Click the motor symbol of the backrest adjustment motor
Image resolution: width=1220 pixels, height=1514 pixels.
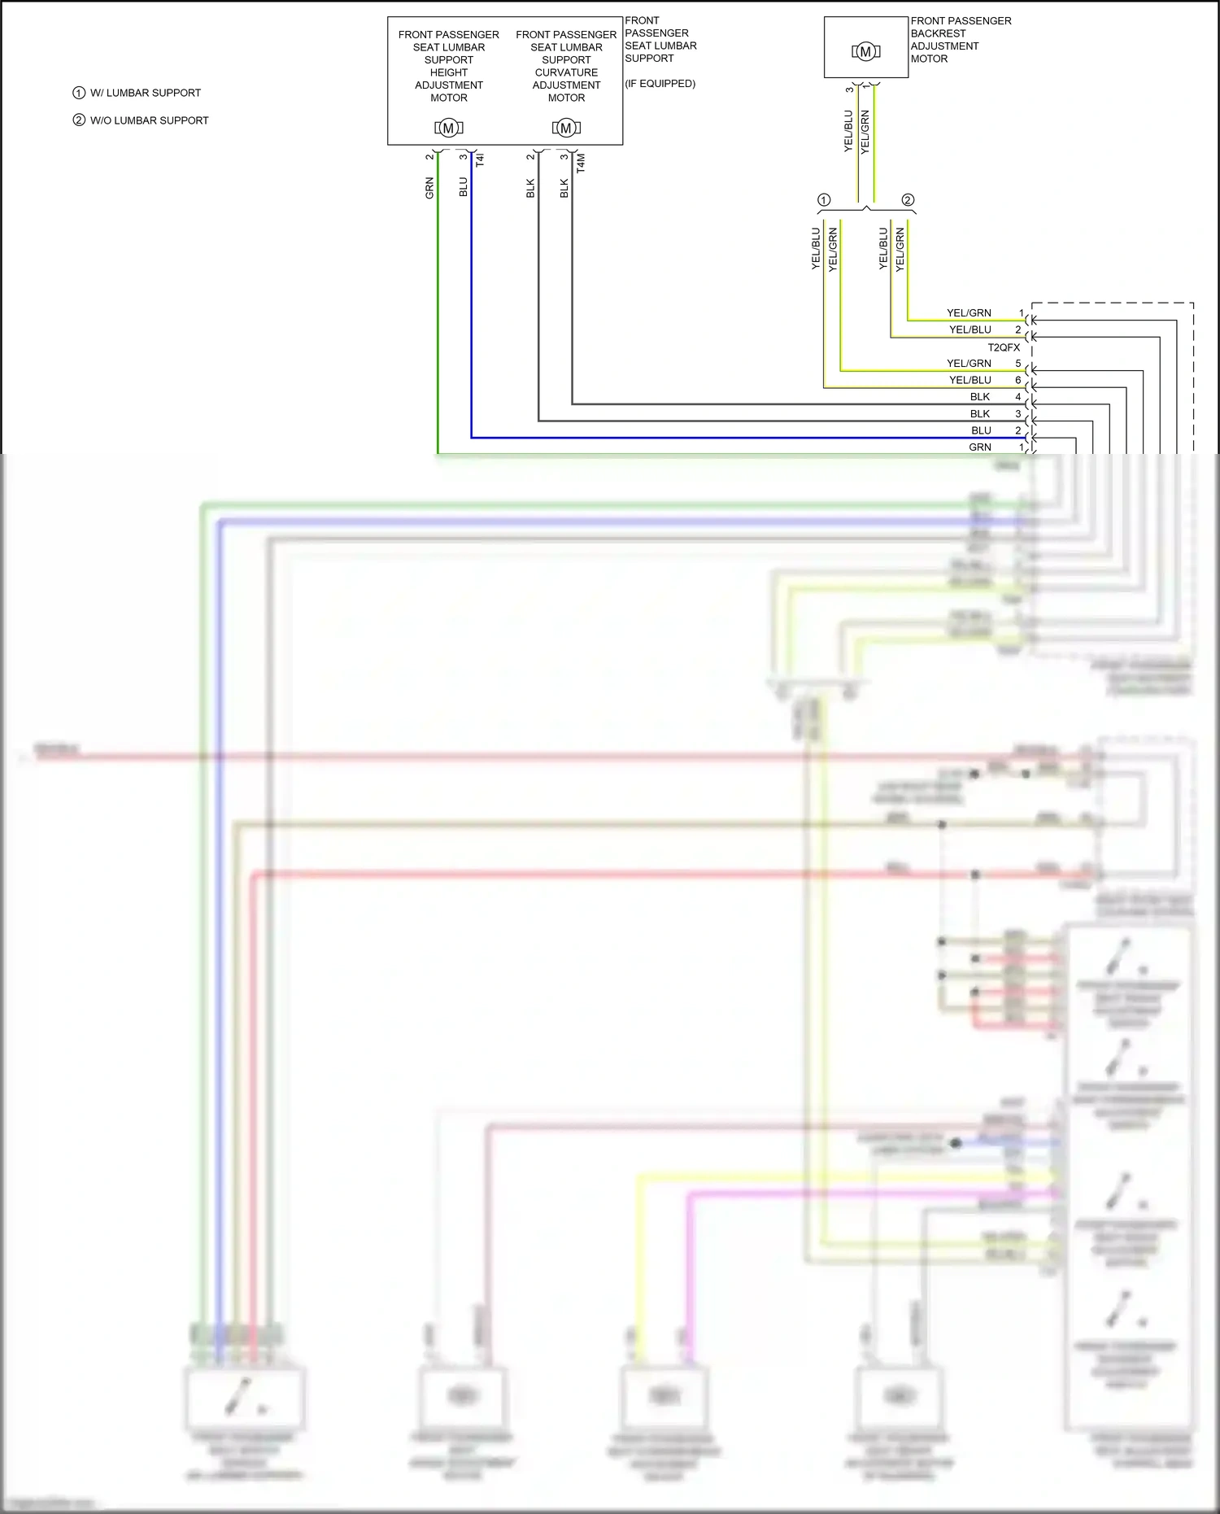pyautogui.click(x=865, y=52)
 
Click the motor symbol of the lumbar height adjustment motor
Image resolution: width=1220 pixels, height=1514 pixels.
pyautogui.click(x=448, y=128)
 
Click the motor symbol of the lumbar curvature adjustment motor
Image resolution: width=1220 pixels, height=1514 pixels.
pyautogui.click(x=566, y=128)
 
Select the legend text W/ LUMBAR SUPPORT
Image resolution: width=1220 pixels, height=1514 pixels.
pyautogui.click(x=145, y=93)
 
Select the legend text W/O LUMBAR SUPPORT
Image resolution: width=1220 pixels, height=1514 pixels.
pyautogui.click(x=149, y=120)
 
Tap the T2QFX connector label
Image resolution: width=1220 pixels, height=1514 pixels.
pyautogui.click(x=1004, y=347)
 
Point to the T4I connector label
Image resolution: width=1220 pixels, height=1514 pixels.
pyautogui.click(x=480, y=159)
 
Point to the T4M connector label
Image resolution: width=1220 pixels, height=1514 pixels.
pyautogui.click(x=581, y=163)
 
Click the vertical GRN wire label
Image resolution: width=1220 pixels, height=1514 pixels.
pyautogui.click(x=429, y=188)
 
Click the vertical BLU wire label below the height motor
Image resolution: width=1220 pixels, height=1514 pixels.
pyautogui.click(x=464, y=187)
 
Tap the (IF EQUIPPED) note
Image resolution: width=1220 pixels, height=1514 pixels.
pyautogui.click(x=660, y=84)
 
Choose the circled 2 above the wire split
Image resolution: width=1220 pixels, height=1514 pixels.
pyautogui.click(x=908, y=200)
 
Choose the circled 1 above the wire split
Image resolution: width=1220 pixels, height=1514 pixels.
pyautogui.click(x=824, y=200)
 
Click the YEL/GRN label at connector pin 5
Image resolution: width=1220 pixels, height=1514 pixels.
pyautogui.click(x=969, y=364)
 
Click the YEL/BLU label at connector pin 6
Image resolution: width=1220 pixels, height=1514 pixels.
pyautogui.click(x=969, y=380)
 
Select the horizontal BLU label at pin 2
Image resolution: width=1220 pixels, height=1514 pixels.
pyautogui.click(x=981, y=430)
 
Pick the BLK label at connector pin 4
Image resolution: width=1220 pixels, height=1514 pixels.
pyautogui.click(x=980, y=397)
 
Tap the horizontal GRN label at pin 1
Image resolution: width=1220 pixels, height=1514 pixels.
pyautogui.click(x=979, y=447)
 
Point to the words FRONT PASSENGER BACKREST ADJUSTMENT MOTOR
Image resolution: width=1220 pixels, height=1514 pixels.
pyautogui.click(x=960, y=40)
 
